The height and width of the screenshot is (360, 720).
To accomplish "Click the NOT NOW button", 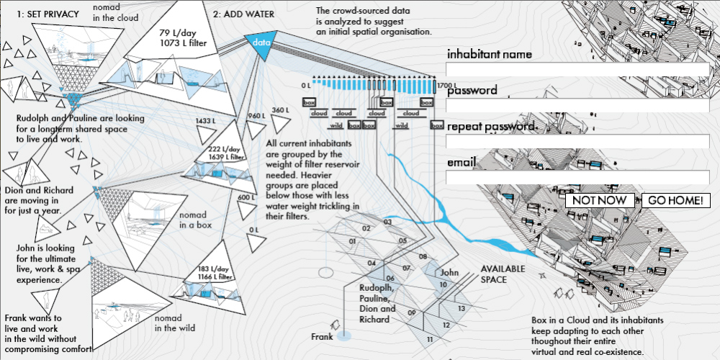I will point(600,200).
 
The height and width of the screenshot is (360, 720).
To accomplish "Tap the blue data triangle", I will point(260,42).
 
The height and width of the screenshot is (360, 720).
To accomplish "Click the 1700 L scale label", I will point(446,86).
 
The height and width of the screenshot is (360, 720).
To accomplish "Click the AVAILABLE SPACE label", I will point(504,274).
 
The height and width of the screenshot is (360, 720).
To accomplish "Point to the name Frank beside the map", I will point(322,336).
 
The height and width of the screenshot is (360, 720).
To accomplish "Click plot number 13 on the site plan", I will point(461,308).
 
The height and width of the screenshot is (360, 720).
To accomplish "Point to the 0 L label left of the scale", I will point(306,86).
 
